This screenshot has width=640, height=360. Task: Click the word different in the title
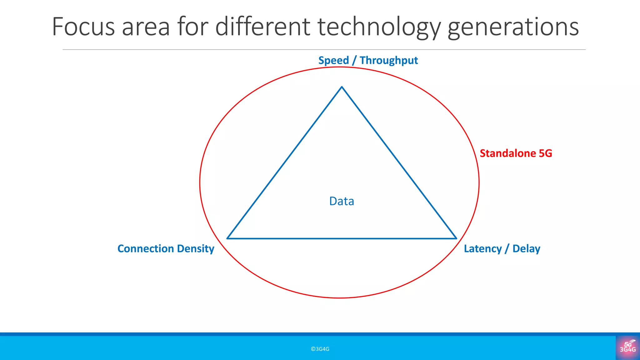click(x=262, y=27)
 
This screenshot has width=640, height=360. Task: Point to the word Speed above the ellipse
click(x=333, y=60)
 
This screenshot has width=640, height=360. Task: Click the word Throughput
click(x=389, y=60)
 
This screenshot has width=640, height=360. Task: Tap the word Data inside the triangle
click(x=342, y=201)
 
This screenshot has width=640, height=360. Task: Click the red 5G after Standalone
click(x=546, y=153)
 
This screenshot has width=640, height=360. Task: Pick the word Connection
click(x=145, y=249)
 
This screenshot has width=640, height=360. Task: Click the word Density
click(x=196, y=249)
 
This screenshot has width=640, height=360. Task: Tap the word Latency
click(x=482, y=249)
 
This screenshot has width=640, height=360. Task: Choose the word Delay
click(x=526, y=249)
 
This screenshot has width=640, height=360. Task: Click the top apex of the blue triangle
click(x=342, y=87)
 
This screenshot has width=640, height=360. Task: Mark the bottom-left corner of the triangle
click(x=227, y=238)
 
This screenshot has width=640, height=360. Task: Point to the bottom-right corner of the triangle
click(x=456, y=238)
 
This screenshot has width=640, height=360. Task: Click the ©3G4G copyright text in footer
click(x=320, y=349)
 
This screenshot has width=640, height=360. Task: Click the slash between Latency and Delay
click(x=507, y=249)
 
